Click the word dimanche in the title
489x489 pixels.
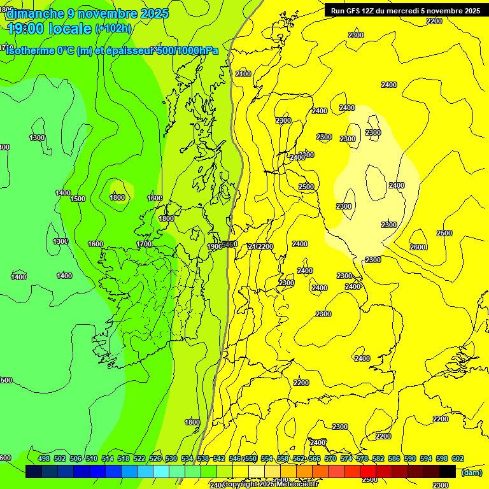coord(35,13)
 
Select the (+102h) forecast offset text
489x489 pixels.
coord(113,29)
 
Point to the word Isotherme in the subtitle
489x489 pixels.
coord(31,51)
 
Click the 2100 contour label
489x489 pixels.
coord(243,74)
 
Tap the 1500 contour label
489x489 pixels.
coord(78,199)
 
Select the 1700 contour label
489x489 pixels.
coord(144,244)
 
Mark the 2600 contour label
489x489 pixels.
coord(418,247)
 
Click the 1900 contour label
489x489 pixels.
coord(215,246)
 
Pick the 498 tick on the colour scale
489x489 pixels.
coord(44,458)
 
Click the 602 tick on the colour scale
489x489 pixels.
coord(457,458)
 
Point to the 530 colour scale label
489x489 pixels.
coord(171,458)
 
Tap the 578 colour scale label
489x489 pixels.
coord(362,458)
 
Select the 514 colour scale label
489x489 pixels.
coord(108,458)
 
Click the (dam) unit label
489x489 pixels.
coord(472,472)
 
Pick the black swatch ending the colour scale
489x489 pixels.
coord(448,472)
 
